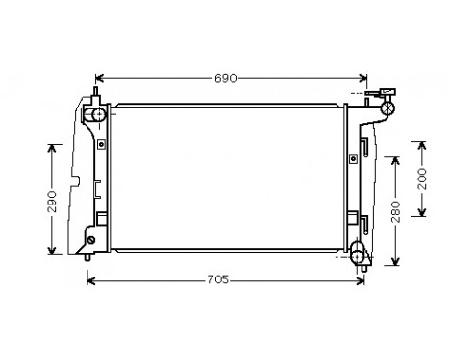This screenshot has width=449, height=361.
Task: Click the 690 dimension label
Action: click(225, 77)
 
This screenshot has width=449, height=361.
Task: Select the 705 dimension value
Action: click(217, 280)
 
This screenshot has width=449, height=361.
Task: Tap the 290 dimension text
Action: click(53, 200)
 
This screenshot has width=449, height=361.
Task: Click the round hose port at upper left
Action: click(97, 115)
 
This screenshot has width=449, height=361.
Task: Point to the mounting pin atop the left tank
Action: click(94, 94)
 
